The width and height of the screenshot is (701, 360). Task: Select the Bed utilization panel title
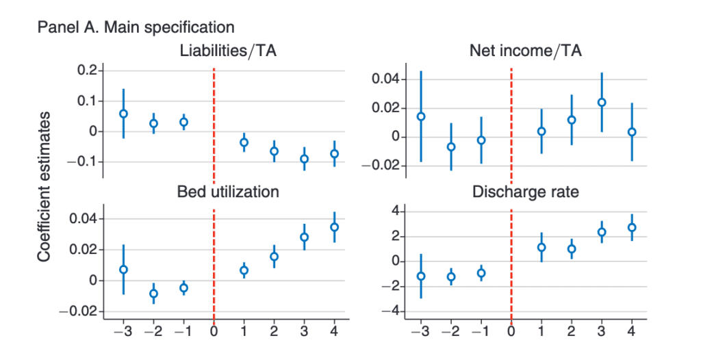click(x=228, y=192)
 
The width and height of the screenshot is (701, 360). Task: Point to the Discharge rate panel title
click(x=525, y=192)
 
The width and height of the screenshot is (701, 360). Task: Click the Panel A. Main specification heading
click(x=136, y=27)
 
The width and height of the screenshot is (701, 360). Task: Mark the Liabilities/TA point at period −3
click(x=124, y=114)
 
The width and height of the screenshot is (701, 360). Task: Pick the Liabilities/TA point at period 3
click(x=305, y=159)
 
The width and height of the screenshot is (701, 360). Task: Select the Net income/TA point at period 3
click(x=602, y=103)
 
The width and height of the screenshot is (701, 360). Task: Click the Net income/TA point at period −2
click(x=450, y=146)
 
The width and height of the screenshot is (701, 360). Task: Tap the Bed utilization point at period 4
click(x=335, y=227)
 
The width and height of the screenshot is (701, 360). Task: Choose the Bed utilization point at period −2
click(x=154, y=294)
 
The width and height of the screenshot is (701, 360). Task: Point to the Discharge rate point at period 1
click(x=541, y=248)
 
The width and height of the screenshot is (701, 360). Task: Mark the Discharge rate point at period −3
click(x=421, y=277)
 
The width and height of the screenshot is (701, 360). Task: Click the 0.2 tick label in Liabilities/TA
click(x=87, y=70)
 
